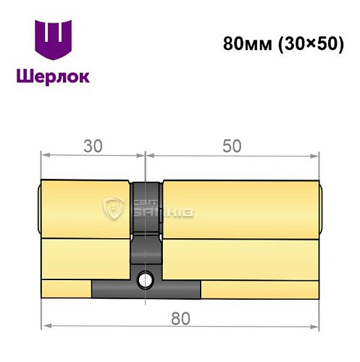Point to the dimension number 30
click(91, 146)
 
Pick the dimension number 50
click(231, 146)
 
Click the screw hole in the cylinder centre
click(147, 278)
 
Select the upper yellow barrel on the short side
click(85, 209)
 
